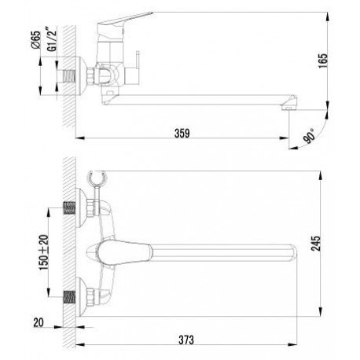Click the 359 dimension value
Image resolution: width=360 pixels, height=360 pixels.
[182, 133]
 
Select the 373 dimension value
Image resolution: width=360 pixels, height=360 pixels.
[186, 340]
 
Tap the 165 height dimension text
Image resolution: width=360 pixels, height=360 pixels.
[323, 61]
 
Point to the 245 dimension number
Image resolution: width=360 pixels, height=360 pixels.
[316, 244]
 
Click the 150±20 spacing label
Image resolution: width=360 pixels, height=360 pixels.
[44, 252]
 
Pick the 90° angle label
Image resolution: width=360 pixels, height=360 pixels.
[310, 135]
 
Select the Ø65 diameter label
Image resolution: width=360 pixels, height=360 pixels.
[35, 40]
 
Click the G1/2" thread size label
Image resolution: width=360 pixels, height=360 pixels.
[52, 39]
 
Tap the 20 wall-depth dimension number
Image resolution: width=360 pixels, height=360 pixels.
[39, 322]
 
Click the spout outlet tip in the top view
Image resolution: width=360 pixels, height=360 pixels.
[288, 107]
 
